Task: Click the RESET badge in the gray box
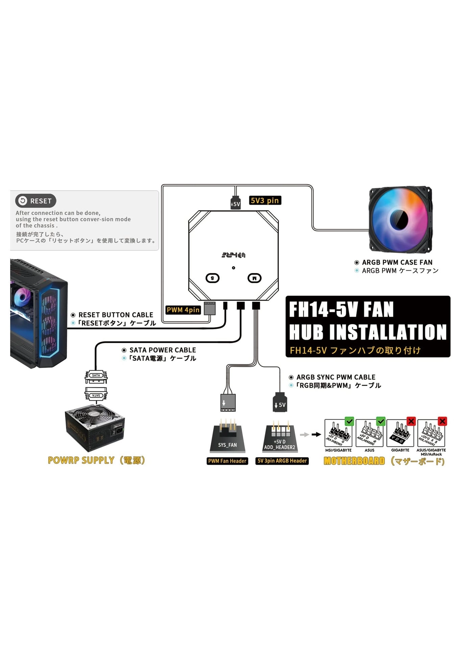point(35,201)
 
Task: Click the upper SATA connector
point(96,376)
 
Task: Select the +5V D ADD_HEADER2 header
point(280,437)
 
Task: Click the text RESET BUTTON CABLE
point(116,315)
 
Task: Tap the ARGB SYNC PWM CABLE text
point(336,377)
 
